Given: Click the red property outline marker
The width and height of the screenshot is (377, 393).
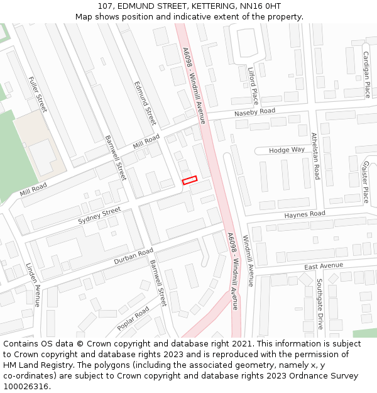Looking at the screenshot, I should pyautogui.click(x=189, y=180).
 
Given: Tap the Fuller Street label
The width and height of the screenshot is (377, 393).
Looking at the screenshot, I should pyautogui.click(x=38, y=94).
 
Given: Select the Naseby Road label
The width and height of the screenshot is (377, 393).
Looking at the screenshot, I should pyautogui.click(x=254, y=112).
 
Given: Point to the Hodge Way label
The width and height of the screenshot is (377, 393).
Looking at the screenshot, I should pyautogui.click(x=287, y=150).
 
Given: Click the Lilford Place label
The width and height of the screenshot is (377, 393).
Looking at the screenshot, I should pyautogui.click(x=253, y=86).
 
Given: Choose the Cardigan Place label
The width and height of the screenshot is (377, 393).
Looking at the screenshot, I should pyautogui.click(x=366, y=74).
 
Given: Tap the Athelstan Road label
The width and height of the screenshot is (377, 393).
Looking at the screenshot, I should pyautogui.click(x=315, y=155).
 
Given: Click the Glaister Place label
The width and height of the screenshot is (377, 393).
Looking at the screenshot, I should pyautogui.click(x=365, y=181).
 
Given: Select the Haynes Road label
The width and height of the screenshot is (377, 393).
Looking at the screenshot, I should pyautogui.click(x=305, y=214).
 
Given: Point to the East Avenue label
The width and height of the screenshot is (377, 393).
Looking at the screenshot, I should pyautogui.click(x=324, y=267).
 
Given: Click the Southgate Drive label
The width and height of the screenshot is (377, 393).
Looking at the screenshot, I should pyautogui.click(x=320, y=304).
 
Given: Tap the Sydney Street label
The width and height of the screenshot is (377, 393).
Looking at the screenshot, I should pyautogui.click(x=99, y=215).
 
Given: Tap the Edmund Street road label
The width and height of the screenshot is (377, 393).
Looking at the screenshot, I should pyautogui.click(x=145, y=102).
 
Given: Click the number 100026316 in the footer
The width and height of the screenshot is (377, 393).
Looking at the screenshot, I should pyautogui.click(x=26, y=386).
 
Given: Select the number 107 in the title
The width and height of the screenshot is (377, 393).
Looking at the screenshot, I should pyautogui.click(x=106, y=6).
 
